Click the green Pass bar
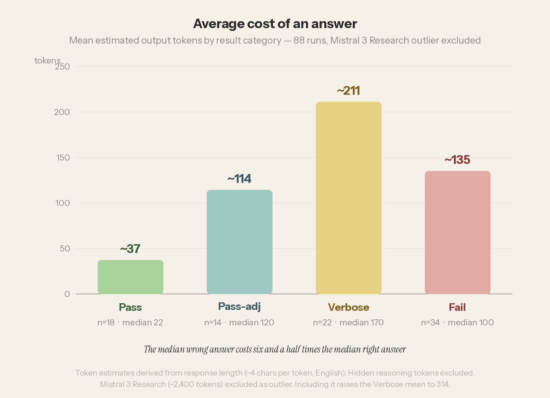131,277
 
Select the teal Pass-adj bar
240,242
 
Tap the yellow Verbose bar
349,198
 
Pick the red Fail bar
458,232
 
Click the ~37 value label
130,249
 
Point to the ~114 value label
239,179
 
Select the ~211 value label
349,91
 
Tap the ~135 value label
457,160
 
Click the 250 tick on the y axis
62,67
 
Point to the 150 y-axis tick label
63,158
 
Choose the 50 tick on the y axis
65,249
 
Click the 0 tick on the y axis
67,294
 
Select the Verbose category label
349,307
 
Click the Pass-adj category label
239,307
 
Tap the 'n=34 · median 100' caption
457,323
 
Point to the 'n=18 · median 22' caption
130,323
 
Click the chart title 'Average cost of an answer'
275,24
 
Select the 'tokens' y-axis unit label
47,61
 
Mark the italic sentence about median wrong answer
275,349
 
